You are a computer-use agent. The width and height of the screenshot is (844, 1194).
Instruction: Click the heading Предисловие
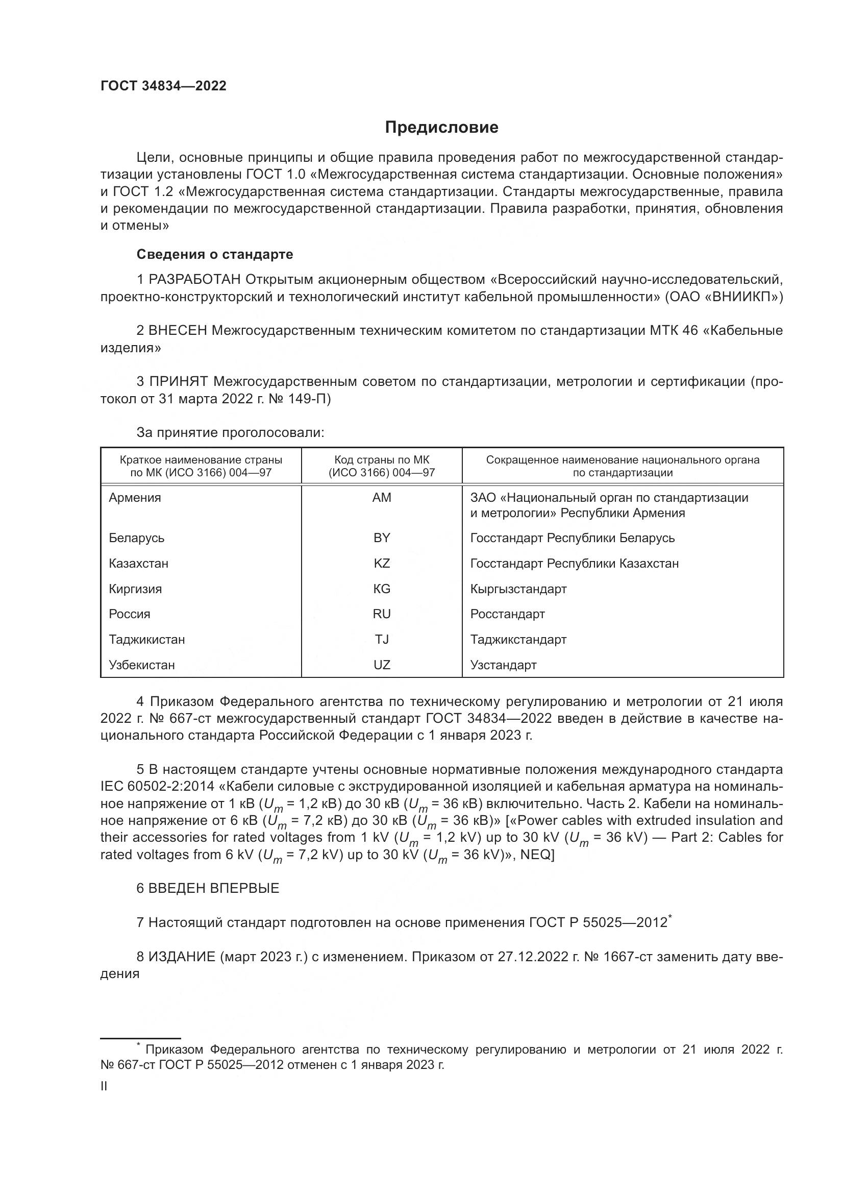coord(441,128)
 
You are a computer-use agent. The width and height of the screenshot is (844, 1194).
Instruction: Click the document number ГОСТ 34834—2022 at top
coord(163,86)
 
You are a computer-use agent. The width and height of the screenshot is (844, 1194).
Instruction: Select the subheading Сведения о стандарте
coord(215,254)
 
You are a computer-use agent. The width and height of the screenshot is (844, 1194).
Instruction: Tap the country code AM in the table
coord(382,498)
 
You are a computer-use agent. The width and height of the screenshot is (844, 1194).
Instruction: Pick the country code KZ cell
coord(382,563)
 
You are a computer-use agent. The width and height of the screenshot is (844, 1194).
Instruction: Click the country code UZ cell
coord(382,665)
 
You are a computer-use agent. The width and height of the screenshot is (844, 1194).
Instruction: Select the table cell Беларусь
coord(136,538)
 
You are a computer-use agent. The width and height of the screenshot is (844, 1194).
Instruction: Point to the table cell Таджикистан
coord(146,639)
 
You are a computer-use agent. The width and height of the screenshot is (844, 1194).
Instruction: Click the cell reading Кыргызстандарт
coord(518,589)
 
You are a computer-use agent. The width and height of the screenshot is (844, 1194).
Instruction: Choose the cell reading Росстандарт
coord(507,614)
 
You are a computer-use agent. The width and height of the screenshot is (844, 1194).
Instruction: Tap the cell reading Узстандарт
coord(503,665)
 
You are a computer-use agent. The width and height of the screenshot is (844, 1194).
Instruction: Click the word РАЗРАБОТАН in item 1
coord(194,280)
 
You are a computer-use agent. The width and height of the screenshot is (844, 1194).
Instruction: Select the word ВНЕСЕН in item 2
coord(178,331)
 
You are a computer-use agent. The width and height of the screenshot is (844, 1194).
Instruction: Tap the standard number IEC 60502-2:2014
coord(161,786)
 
